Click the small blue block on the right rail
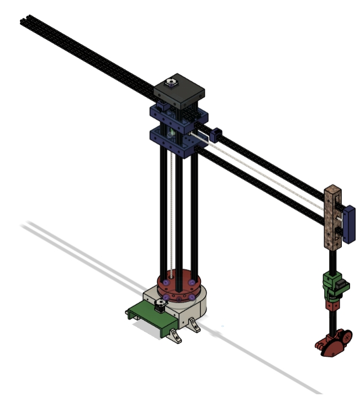(x=216, y=134)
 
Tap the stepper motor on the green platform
(x=161, y=305)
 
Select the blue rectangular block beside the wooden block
(x=348, y=224)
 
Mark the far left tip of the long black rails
(x=22, y=20)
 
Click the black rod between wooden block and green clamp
(x=332, y=260)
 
